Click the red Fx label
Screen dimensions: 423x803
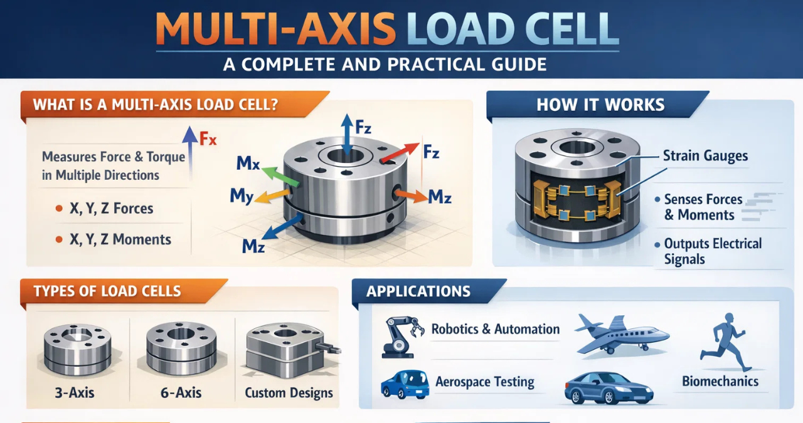tap(208, 139)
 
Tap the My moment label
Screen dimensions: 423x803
tap(242, 196)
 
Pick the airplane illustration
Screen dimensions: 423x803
tap(621, 334)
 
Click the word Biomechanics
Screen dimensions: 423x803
tap(720, 381)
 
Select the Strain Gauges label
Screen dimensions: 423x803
tap(705, 156)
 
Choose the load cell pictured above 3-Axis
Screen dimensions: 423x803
tap(77, 348)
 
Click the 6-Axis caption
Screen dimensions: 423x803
tap(181, 393)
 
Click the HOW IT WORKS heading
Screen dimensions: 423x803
tap(600, 105)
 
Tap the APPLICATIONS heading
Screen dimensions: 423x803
tap(418, 291)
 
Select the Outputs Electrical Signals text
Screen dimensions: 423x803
tap(713, 251)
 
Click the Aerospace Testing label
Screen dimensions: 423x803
tap(485, 382)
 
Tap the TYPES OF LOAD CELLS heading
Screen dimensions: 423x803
tap(107, 291)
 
